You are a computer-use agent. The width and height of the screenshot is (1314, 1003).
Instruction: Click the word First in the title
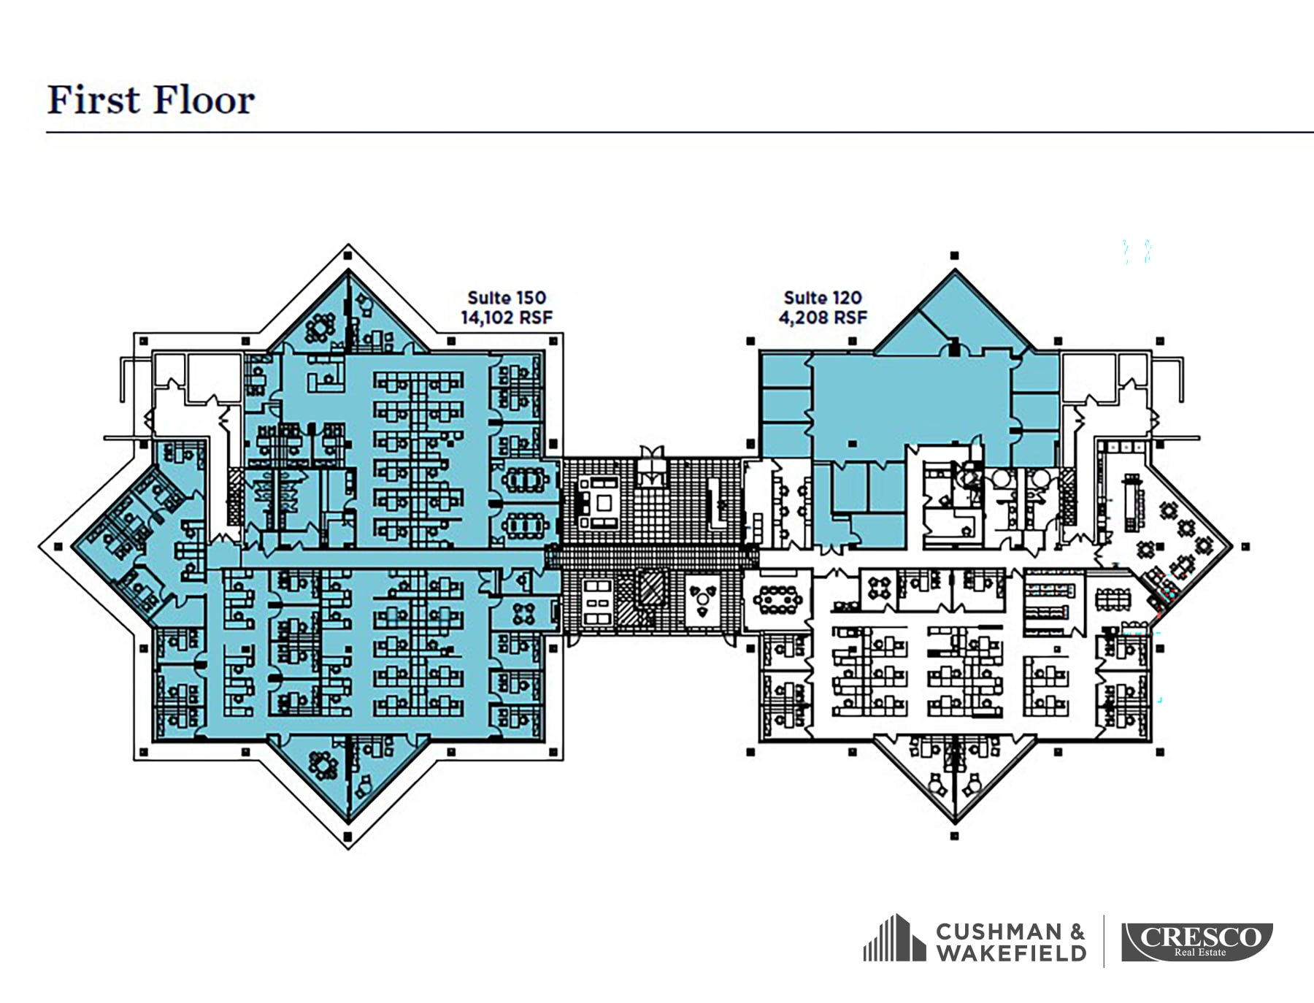click(x=93, y=100)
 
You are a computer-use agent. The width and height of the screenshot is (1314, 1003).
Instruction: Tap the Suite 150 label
click(x=507, y=298)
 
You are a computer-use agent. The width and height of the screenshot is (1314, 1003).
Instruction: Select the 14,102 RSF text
click(x=507, y=318)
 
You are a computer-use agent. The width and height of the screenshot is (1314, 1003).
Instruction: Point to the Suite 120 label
click(x=823, y=298)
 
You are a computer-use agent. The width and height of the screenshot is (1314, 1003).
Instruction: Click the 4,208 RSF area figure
click(x=823, y=318)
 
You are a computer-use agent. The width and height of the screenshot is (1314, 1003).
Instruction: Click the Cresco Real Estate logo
click(x=1197, y=942)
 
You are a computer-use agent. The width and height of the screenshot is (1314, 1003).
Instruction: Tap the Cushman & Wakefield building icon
click(x=895, y=938)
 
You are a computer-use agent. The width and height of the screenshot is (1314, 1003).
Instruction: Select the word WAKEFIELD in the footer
click(x=1011, y=953)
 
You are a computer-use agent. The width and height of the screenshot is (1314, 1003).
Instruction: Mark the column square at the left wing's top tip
click(x=348, y=255)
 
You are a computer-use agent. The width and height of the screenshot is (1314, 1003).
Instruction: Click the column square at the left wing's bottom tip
click(x=348, y=837)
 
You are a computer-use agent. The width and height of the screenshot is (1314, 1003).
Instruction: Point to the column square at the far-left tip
click(x=58, y=546)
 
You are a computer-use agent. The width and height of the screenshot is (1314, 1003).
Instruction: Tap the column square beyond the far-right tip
click(x=1245, y=546)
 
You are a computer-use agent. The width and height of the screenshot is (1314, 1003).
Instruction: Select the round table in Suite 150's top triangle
click(x=320, y=328)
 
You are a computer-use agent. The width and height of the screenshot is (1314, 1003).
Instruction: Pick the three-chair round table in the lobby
click(x=702, y=599)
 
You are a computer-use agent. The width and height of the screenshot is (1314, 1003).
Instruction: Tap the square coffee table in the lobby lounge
click(x=604, y=502)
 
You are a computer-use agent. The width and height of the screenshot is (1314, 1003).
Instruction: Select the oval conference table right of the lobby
click(x=777, y=599)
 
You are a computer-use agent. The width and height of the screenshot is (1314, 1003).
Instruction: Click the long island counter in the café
click(x=1133, y=504)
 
